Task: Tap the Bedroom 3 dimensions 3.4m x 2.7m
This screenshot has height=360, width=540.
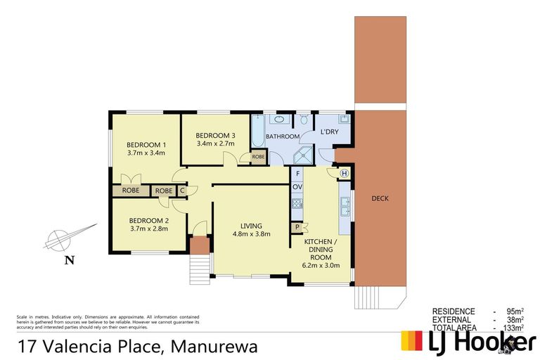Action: pos(215,143)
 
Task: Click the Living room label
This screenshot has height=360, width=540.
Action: pos(251,226)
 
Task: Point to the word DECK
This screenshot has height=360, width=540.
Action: pos(380,199)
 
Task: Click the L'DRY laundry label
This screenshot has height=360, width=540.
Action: pos(329,132)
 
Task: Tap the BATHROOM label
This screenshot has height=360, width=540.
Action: pos(283,136)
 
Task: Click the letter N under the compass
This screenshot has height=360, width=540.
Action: pos(69,261)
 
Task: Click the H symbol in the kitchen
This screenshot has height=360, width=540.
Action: pos(345,174)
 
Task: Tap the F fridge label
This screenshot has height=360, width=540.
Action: pos(297,174)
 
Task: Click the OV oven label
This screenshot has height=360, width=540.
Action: pos(297,186)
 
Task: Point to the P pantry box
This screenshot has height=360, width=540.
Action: pos(297,227)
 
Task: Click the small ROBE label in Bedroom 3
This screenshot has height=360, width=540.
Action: pos(258,157)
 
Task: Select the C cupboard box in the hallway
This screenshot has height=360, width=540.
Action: pos(182,190)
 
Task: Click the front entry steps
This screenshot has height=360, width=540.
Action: pos(201,267)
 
